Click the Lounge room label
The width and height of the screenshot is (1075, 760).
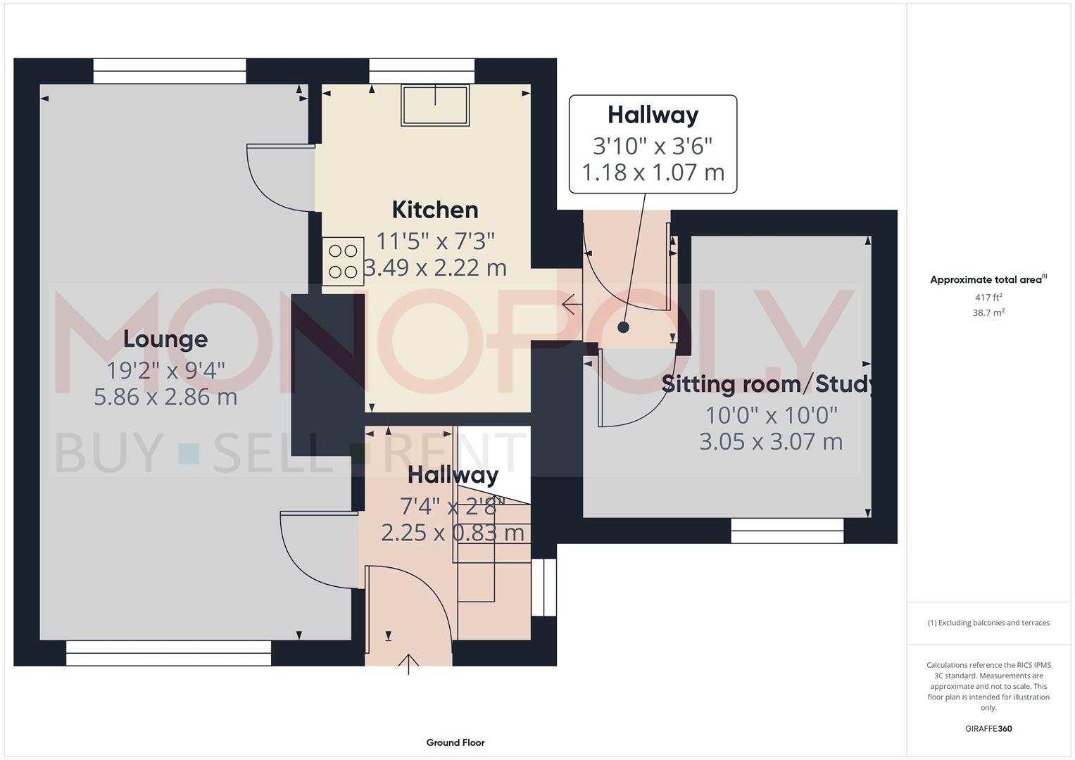[x=165, y=339]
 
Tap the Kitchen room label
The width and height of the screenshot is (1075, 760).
[x=434, y=210]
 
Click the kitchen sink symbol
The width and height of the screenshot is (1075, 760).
[x=435, y=106]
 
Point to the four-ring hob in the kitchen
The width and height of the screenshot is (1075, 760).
[x=343, y=261]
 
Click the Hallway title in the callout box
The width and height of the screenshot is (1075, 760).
[x=653, y=115]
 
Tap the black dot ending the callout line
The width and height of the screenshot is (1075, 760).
[x=623, y=327]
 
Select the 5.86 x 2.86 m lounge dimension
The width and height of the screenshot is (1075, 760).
[x=165, y=397]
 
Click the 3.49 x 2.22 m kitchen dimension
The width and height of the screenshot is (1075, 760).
[x=434, y=268]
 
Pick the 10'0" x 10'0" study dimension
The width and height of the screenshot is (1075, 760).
[x=772, y=415]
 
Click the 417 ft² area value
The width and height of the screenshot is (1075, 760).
[x=988, y=298]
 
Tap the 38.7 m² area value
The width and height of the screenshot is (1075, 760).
[x=988, y=313]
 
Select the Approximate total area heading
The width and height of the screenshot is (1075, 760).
[x=988, y=279]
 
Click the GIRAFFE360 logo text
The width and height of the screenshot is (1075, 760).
[x=988, y=728]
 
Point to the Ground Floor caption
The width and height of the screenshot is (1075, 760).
[x=455, y=742]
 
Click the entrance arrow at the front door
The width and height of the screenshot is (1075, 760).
[x=409, y=664]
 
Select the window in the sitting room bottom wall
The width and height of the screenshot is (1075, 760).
[x=787, y=531]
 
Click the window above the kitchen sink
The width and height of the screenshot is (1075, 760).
[x=422, y=71]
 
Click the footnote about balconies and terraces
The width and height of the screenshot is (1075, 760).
[x=988, y=623]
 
